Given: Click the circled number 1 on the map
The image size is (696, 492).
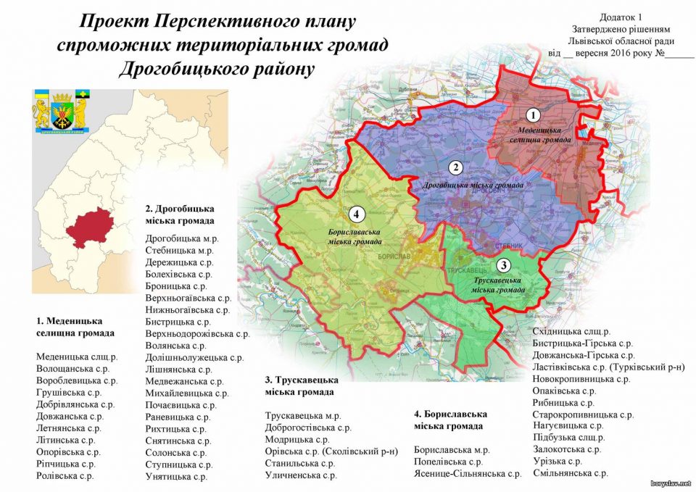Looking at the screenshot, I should [534, 114].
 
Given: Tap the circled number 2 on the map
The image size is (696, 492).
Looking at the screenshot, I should [455, 168].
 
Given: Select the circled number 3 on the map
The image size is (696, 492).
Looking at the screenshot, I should [505, 264].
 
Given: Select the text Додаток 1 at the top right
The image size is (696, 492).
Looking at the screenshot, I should [621, 17].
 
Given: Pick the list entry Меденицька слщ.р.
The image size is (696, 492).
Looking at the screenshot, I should [77, 356].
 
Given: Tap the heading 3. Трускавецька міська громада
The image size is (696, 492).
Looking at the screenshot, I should [300, 385].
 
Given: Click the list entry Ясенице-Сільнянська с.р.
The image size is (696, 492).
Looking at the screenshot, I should [468, 473].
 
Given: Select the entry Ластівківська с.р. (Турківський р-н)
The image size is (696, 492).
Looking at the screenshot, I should [608, 367].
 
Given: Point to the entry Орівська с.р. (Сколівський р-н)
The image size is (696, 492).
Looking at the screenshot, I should [331, 451].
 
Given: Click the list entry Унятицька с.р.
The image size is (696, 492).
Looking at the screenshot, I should [177, 476].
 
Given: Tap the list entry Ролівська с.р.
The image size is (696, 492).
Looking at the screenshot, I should [65, 475].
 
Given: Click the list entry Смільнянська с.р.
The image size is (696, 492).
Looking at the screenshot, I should [570, 473].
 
